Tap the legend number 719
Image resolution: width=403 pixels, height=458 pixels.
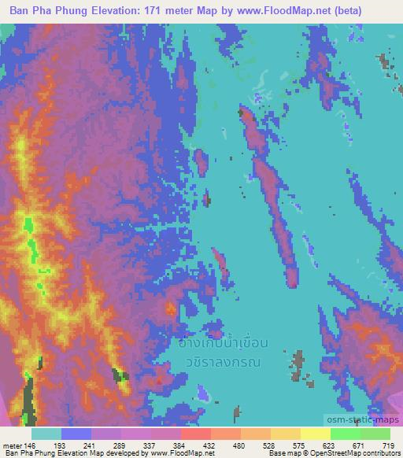point(387,445)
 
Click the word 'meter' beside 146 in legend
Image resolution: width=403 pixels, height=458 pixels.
point(13,445)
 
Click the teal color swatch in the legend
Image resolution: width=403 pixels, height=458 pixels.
point(46,434)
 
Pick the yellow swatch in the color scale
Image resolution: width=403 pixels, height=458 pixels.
point(315,434)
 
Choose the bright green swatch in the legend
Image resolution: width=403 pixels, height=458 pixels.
point(346,434)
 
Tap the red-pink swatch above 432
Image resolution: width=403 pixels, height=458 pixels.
point(196,434)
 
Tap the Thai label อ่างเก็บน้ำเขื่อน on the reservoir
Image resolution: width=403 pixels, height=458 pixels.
point(224,343)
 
